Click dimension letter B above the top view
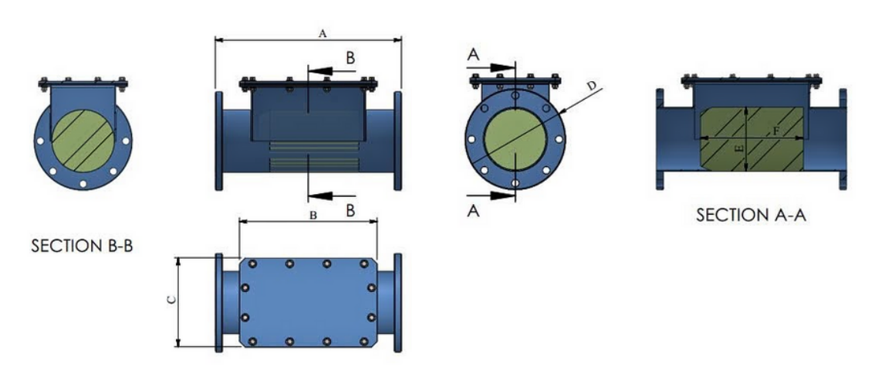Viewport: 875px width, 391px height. [313, 216]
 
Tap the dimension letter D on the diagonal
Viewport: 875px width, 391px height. [592, 85]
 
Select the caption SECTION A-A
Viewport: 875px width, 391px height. [752, 216]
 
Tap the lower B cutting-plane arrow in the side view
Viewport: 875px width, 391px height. [327, 195]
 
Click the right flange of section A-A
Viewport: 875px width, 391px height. [843, 140]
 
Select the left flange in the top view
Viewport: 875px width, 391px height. [219, 302]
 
